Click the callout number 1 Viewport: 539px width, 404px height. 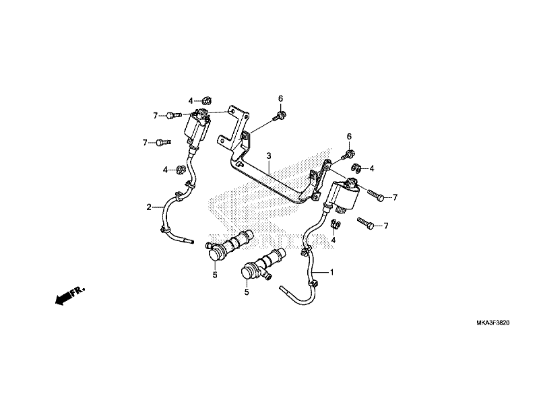331,273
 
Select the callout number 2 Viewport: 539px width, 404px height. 149,207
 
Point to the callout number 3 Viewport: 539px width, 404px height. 268,156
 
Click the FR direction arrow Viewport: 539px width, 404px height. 68,294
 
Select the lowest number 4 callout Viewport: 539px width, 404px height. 334,239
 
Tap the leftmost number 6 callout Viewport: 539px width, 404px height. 281,99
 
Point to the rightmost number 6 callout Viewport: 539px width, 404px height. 350,137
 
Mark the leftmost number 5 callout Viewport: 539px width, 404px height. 215,275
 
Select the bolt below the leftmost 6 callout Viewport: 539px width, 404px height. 279,117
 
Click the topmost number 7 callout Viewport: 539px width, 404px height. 155,116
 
